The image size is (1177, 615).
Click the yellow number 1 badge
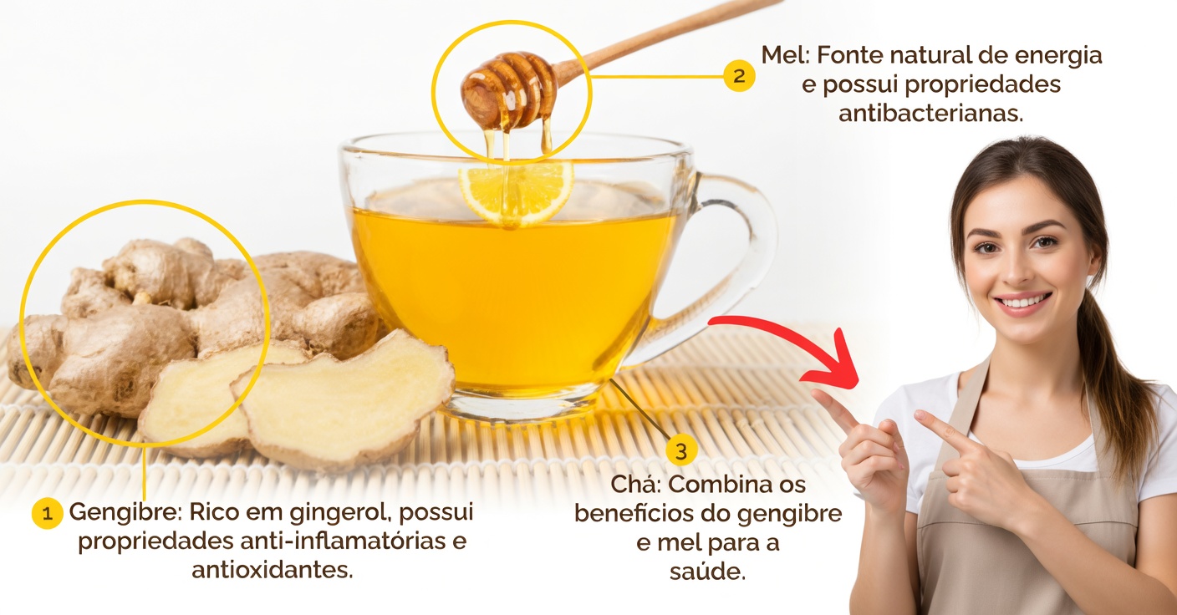click(x=47, y=514)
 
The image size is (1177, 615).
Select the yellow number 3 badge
click(x=681, y=451)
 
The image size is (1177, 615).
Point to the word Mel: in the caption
click(x=785, y=57)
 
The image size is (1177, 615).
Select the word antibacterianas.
click(x=930, y=114)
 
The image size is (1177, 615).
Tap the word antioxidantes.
click(x=273, y=571)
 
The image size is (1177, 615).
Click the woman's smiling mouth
click(x=1023, y=302)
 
